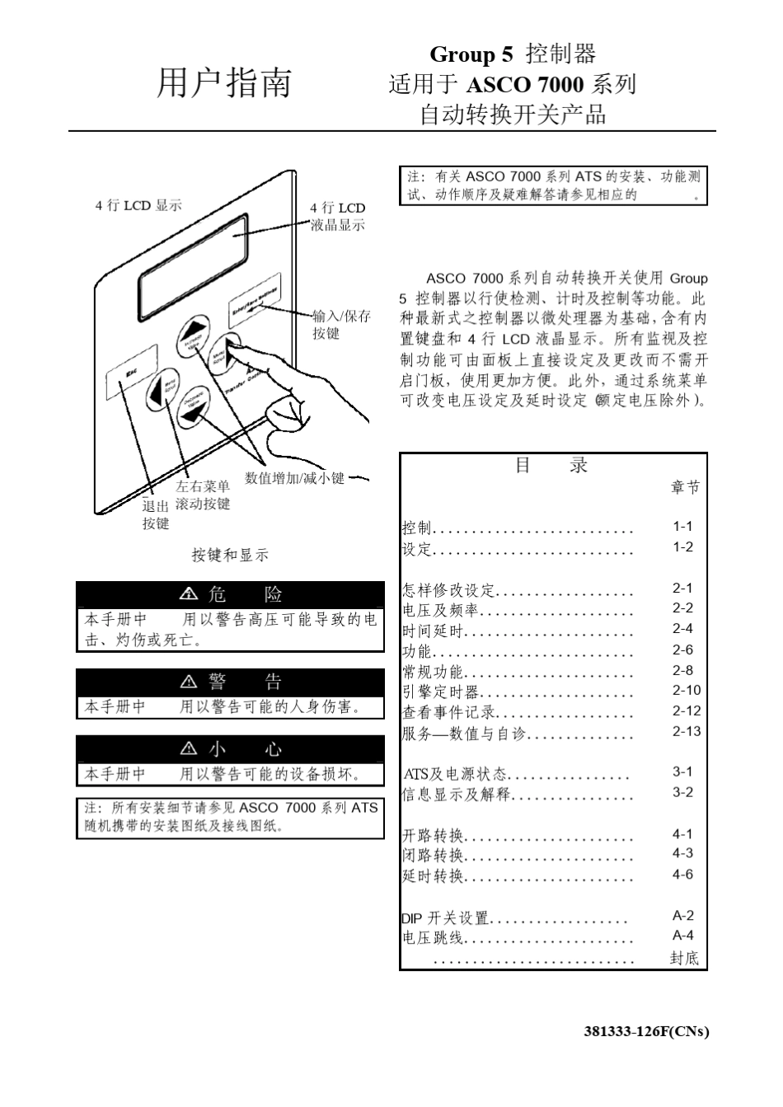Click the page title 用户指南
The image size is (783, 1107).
click(224, 83)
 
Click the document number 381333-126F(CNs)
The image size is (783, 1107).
click(646, 1031)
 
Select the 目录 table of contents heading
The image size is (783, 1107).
click(551, 466)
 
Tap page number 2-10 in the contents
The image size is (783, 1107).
click(686, 691)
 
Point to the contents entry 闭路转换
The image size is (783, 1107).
click(433, 856)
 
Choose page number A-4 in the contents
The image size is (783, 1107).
click(682, 936)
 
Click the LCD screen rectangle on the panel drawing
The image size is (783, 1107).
click(193, 260)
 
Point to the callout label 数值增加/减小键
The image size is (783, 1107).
click(295, 478)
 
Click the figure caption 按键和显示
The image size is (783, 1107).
click(230, 556)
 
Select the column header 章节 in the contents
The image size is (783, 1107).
click(684, 488)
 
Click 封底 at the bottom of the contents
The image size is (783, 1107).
click(684, 958)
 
